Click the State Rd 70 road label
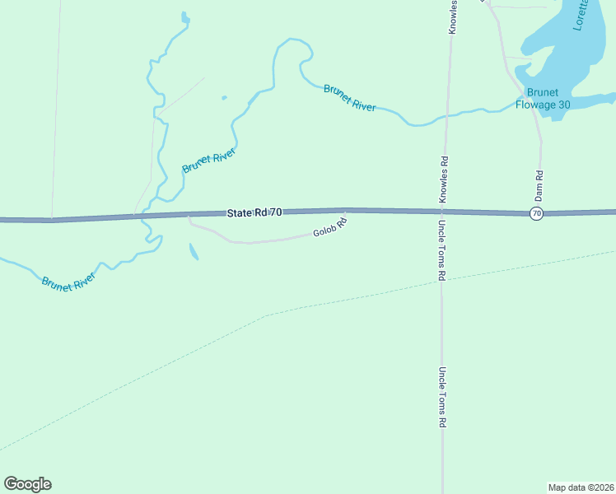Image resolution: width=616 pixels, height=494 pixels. (x=254, y=212)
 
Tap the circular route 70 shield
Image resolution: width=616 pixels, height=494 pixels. (x=537, y=213)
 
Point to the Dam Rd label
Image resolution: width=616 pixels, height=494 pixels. (x=539, y=187)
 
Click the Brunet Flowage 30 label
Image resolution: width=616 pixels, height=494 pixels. (x=543, y=98)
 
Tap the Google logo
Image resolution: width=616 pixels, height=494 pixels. (x=27, y=484)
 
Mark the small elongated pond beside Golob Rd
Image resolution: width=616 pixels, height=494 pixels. (x=194, y=251)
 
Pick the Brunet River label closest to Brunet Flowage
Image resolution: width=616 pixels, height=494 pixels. (x=350, y=97)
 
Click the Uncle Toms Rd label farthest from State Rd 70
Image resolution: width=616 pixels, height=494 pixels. (x=442, y=397)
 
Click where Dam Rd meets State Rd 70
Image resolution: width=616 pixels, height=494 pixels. (x=541, y=212)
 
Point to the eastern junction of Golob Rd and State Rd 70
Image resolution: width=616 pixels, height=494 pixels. (x=345, y=211)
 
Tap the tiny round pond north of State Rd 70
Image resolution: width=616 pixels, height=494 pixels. (x=224, y=98)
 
